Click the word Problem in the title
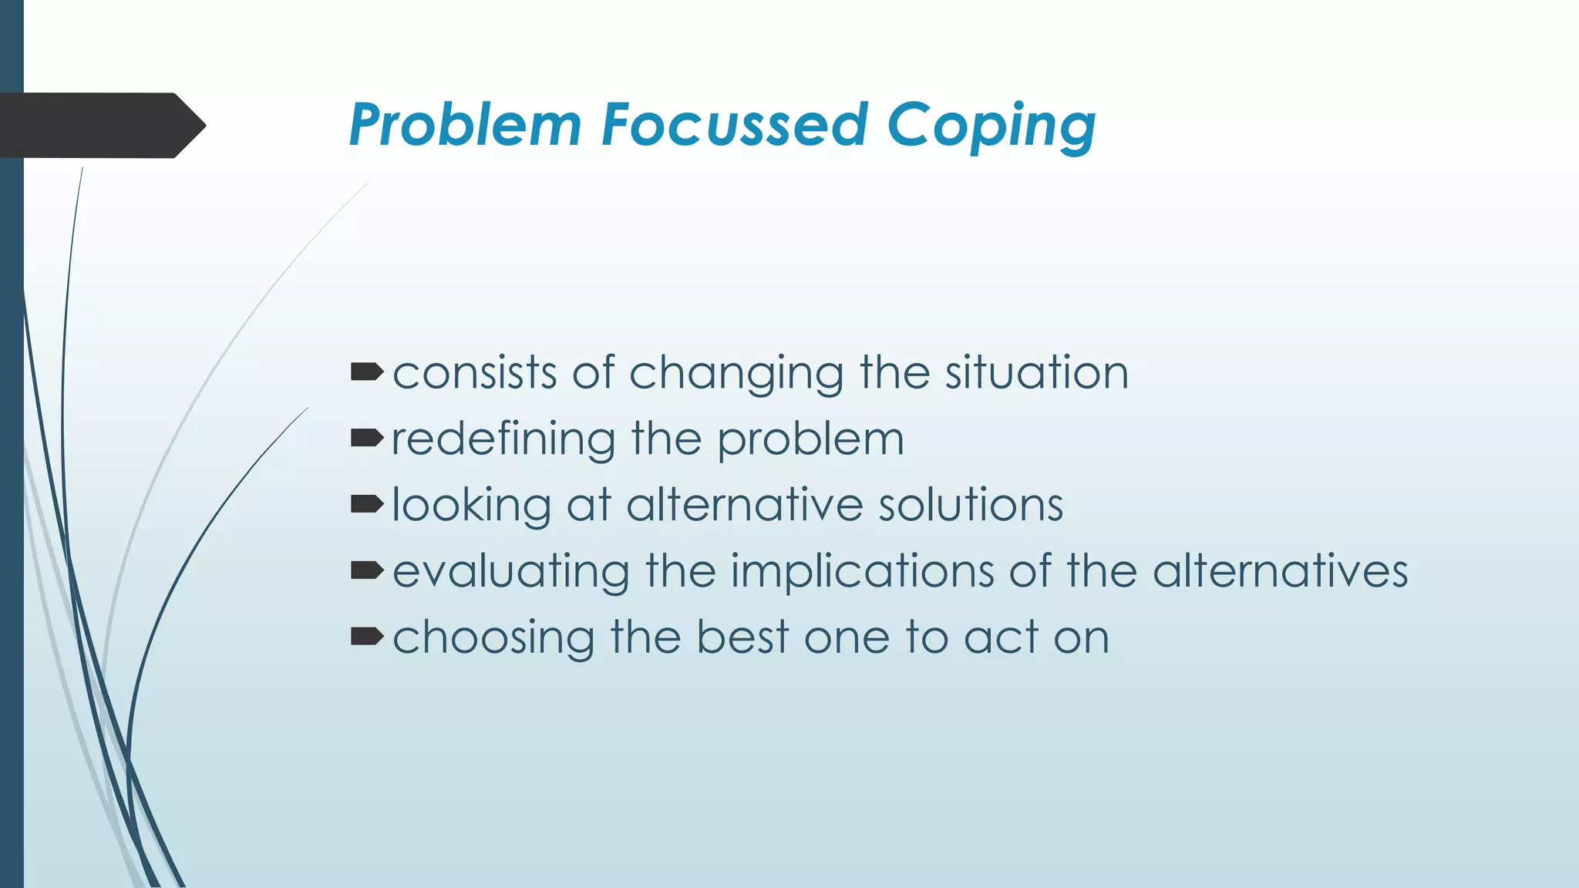pyautogui.click(x=465, y=125)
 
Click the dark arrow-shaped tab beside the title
pyautogui.click(x=100, y=125)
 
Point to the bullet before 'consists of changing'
pyautogui.click(x=367, y=373)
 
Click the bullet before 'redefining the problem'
pyautogui.click(x=367, y=439)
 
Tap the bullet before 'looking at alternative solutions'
pyautogui.click(x=367, y=505)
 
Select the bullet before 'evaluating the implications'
pyautogui.click(x=367, y=570)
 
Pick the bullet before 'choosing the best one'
pyautogui.click(x=367, y=637)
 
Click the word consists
pyautogui.click(x=475, y=373)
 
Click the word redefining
pyautogui.click(x=503, y=439)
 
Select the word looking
pyautogui.click(x=472, y=506)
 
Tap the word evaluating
pyautogui.click(x=510, y=573)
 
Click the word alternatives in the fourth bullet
pyautogui.click(x=1280, y=571)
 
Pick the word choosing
pyautogui.click(x=493, y=639)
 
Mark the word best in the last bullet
pyautogui.click(x=742, y=637)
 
